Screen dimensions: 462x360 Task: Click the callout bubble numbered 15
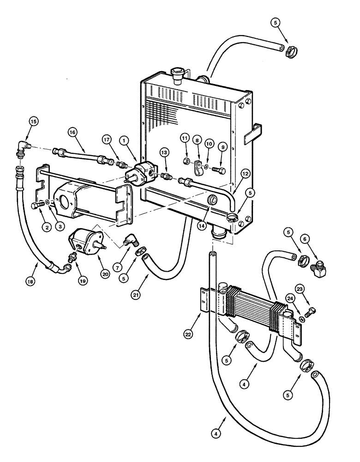tap(21, 122)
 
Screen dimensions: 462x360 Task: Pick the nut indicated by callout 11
tap(184, 162)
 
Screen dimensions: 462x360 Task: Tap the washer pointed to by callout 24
tap(301, 319)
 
